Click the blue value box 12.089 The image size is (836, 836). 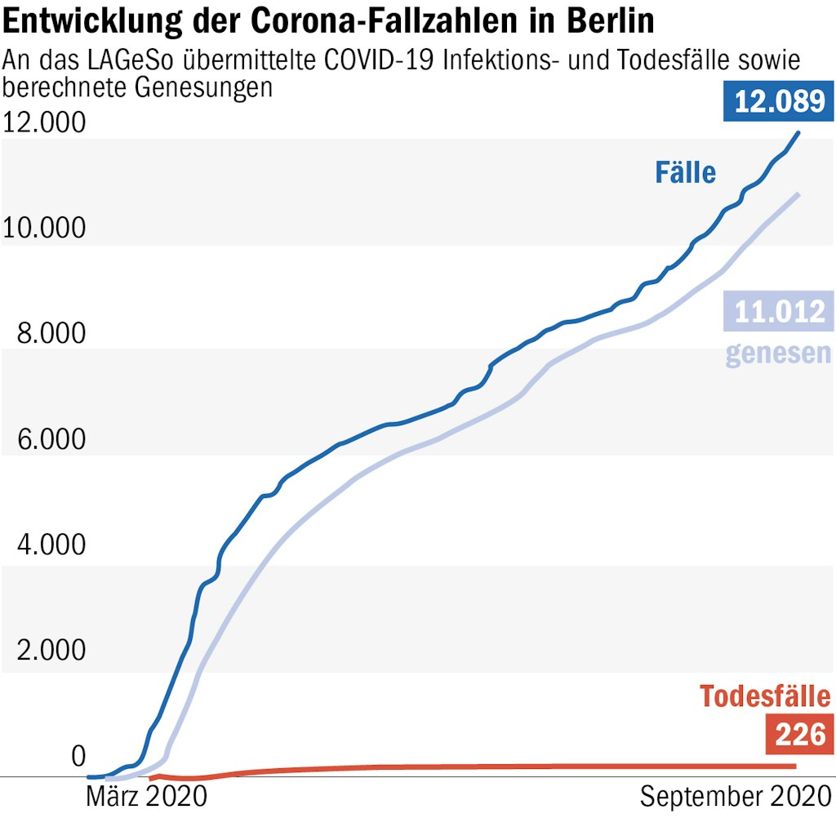[x=778, y=101]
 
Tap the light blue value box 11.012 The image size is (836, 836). [x=778, y=311]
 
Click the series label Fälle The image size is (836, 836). [x=685, y=172]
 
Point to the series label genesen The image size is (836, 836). [x=778, y=353]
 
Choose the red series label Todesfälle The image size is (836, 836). [x=765, y=696]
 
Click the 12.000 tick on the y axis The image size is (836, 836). [x=44, y=123]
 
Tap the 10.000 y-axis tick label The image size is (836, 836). [x=44, y=229]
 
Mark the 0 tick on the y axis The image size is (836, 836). [x=78, y=756]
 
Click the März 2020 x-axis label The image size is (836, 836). [x=146, y=795]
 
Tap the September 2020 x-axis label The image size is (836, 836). [x=735, y=795]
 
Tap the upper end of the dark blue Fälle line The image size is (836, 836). [x=798, y=132]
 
